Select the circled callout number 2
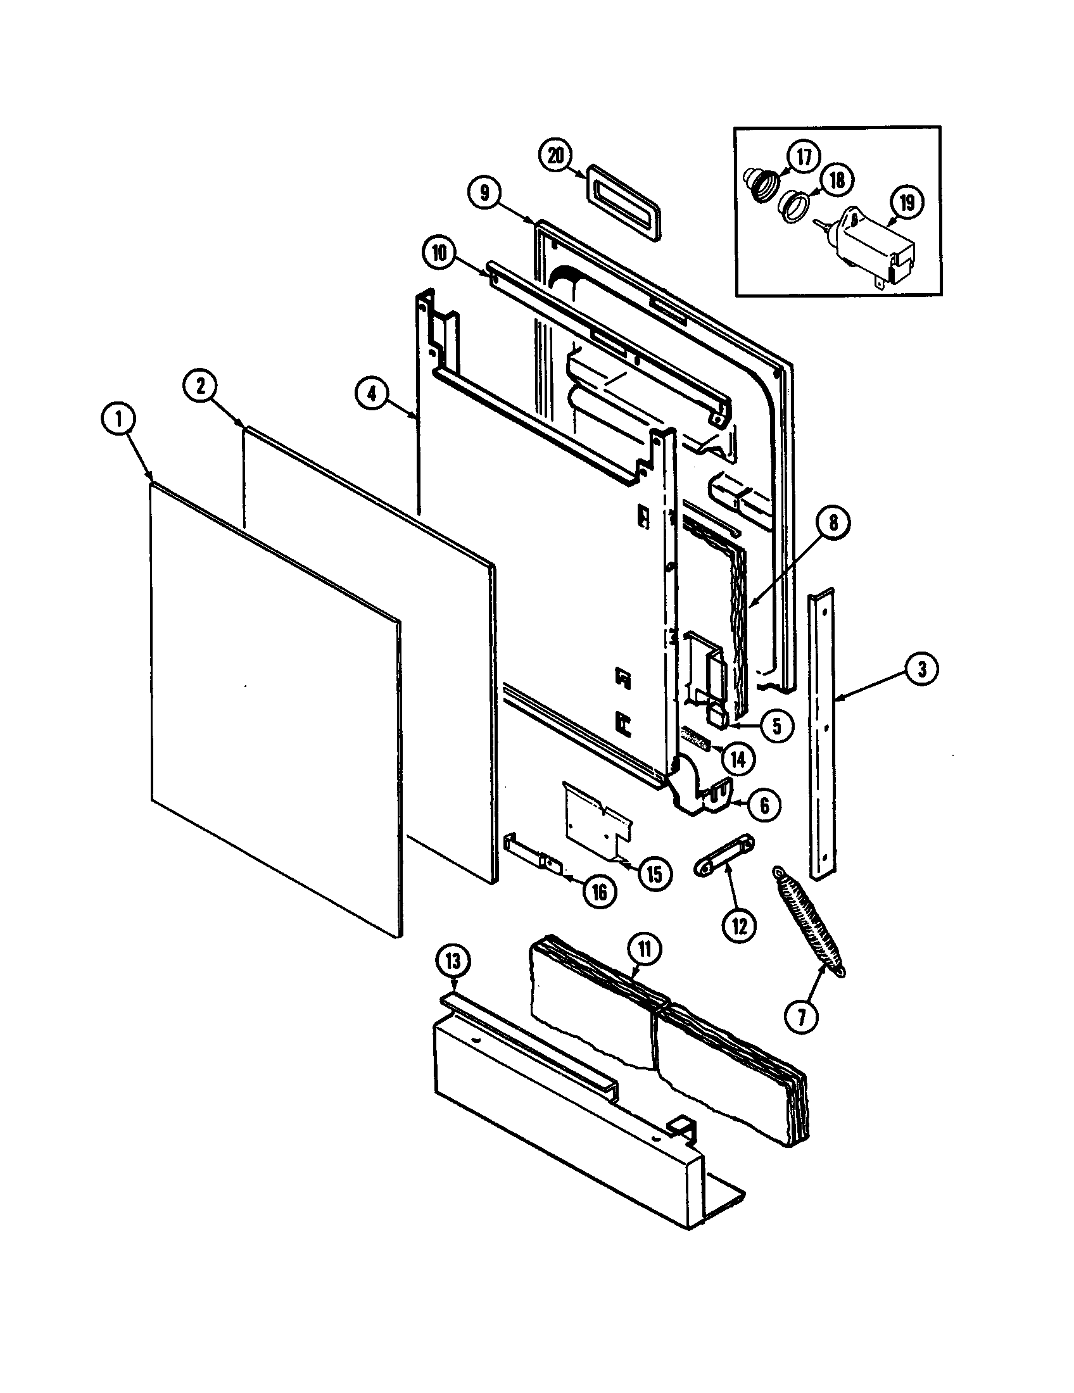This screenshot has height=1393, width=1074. click(201, 387)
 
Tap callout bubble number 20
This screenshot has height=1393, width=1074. click(555, 156)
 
